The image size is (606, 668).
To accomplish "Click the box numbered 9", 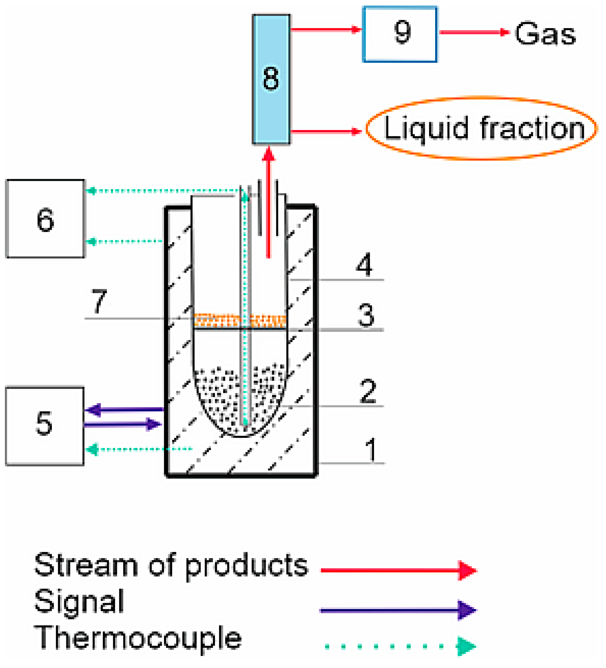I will tap(400, 34).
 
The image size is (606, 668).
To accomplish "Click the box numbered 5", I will tap(44, 426).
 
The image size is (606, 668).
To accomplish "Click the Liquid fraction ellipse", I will tap(481, 128).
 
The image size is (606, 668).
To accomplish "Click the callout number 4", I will tap(364, 264).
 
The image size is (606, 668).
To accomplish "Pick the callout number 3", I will tap(366, 315).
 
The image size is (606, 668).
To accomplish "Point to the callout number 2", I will tap(367, 391).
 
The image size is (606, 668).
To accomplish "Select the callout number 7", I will tap(99, 301).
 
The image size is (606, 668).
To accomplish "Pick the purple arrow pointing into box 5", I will tap(124, 409).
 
